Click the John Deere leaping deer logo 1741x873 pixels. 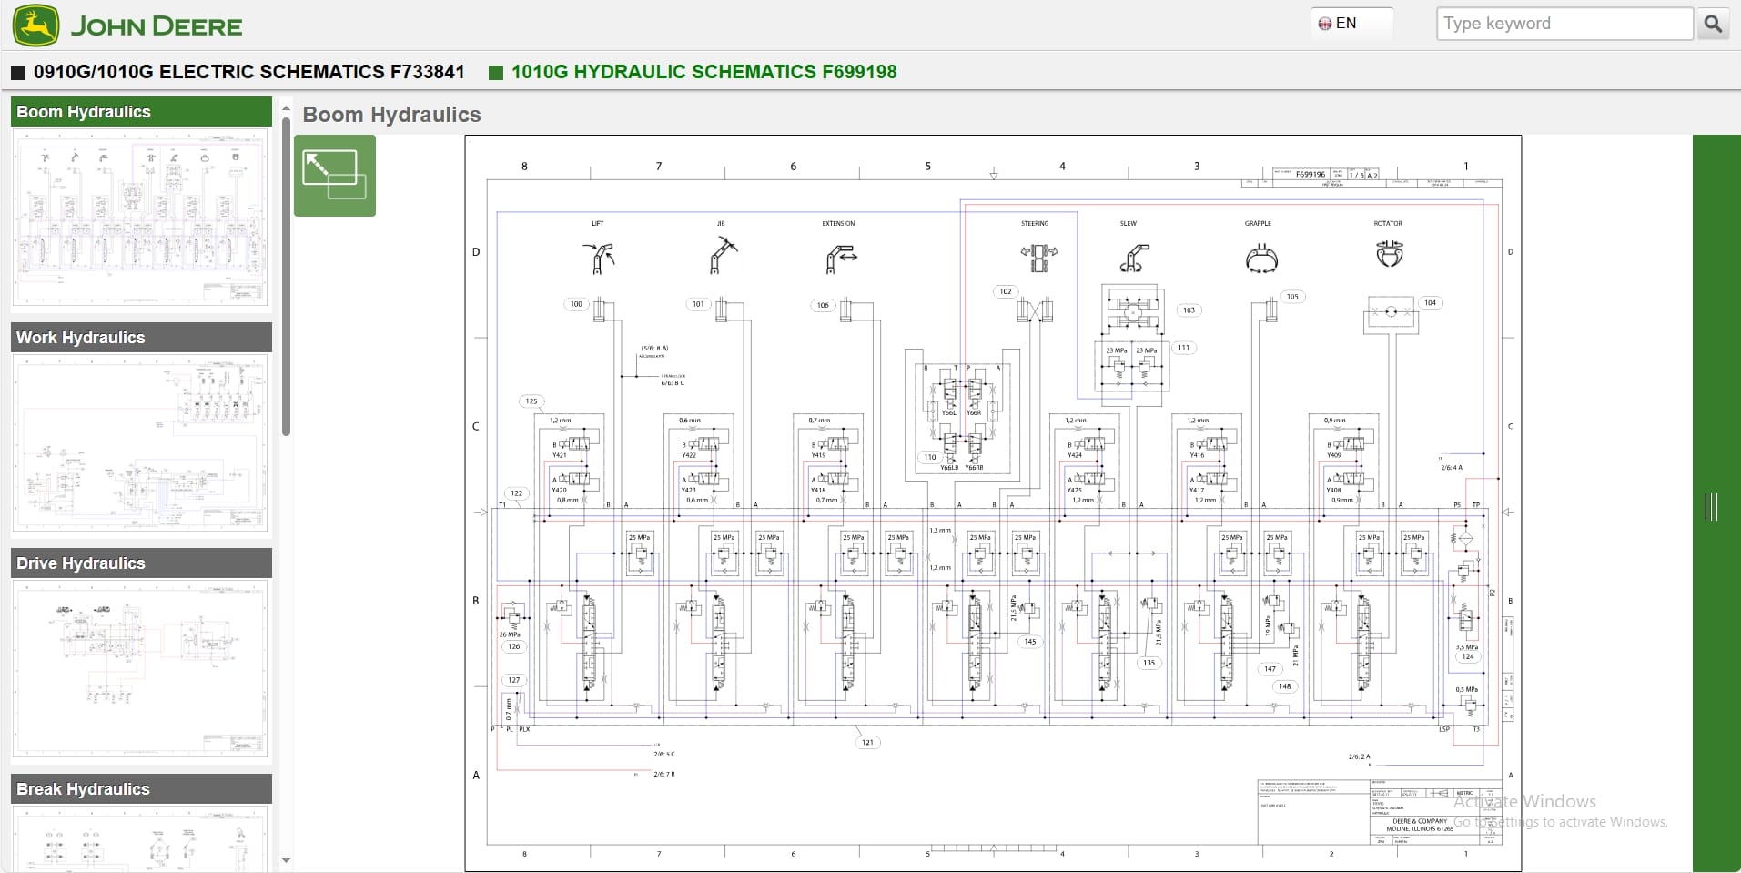click(x=36, y=25)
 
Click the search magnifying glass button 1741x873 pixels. click(x=1712, y=24)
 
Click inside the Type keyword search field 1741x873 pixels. click(x=1564, y=24)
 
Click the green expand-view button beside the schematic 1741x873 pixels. click(x=334, y=176)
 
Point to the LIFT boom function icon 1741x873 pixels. click(x=598, y=258)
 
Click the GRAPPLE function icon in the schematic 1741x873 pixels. click(x=1260, y=259)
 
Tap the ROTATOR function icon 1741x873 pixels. click(x=1389, y=253)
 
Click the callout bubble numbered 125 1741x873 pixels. click(x=531, y=401)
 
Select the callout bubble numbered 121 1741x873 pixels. click(x=867, y=742)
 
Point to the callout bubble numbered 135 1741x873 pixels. click(x=1149, y=663)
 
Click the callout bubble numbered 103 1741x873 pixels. click(x=1189, y=310)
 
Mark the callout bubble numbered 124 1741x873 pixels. click(x=1467, y=656)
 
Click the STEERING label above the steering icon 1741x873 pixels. click(x=1035, y=223)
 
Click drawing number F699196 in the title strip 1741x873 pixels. click(x=1310, y=174)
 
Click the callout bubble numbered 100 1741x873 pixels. click(x=576, y=304)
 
